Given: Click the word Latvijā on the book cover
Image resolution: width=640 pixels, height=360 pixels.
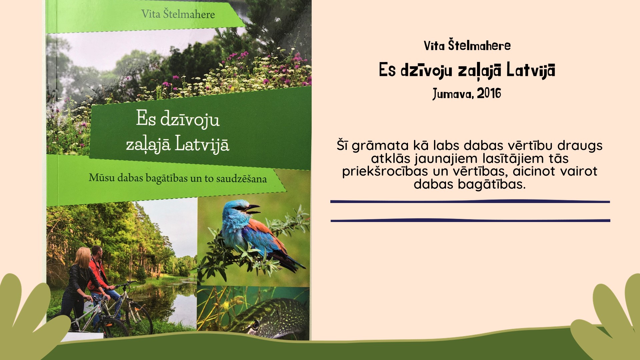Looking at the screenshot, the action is pyautogui.click(x=202, y=144).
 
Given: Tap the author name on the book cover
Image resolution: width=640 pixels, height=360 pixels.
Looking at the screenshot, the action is pyautogui.click(x=178, y=14).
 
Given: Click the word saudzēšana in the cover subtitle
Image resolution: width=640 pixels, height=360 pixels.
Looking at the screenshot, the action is pyautogui.click(x=241, y=179).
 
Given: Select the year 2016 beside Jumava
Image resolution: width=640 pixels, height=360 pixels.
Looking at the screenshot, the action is pyautogui.click(x=489, y=93).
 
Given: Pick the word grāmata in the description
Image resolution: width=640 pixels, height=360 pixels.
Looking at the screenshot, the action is pyautogui.click(x=380, y=146).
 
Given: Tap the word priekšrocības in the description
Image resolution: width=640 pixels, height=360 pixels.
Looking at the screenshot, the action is pyautogui.click(x=385, y=171).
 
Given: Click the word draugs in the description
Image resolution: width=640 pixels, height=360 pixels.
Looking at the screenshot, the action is pyautogui.click(x=580, y=146).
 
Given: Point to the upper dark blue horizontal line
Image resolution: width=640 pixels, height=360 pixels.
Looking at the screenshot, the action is pyautogui.click(x=470, y=201).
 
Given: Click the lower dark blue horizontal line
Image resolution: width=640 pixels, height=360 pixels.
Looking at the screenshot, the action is pyautogui.click(x=470, y=220).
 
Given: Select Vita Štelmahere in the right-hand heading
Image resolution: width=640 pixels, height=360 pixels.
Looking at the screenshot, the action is pyautogui.click(x=467, y=45).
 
